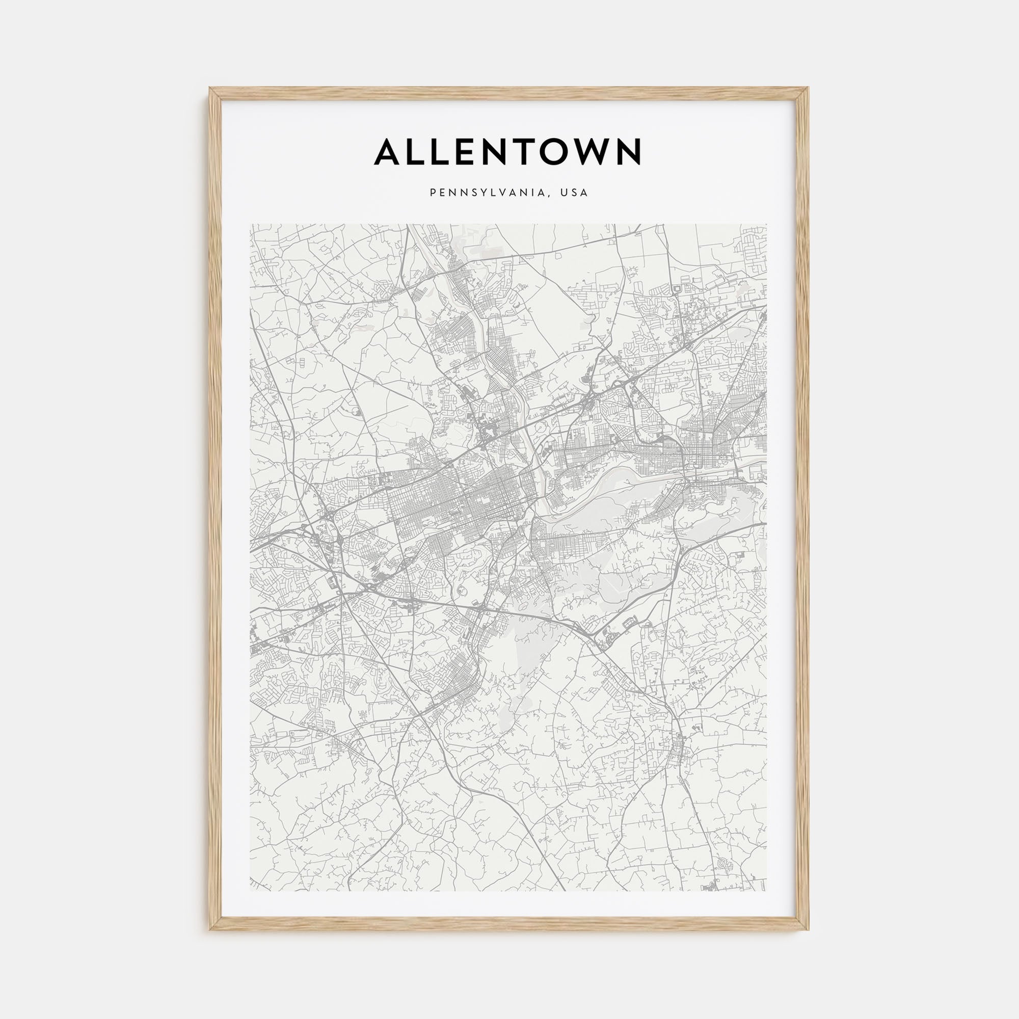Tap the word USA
pyautogui.click(x=574, y=193)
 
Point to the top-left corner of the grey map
pyautogui.click(x=251, y=224)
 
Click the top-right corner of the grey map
pyautogui.click(x=767, y=224)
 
